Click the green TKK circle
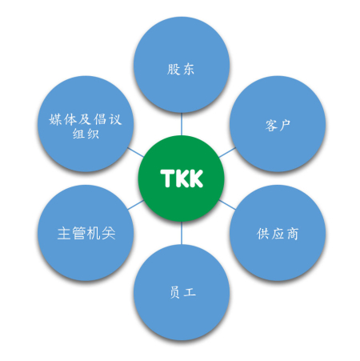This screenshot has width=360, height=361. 182,178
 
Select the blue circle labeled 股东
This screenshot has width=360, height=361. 182,65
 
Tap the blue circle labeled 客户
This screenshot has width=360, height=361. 278,124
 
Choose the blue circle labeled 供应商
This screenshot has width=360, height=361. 278,233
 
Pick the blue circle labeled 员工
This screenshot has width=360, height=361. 182,292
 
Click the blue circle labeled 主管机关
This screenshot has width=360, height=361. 86,233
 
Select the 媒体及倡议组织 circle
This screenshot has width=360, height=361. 86,124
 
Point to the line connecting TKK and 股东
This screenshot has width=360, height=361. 182,124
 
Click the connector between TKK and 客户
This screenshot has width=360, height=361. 227,152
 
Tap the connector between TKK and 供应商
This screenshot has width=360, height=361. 227,204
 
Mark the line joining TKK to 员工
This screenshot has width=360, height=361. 182,233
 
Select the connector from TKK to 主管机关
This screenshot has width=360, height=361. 136,205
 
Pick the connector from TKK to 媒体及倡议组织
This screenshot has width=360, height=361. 136,152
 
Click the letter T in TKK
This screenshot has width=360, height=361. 166,178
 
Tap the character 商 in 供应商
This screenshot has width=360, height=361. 293,234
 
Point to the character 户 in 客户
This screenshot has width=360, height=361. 285,125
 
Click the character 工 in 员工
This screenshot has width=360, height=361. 190,291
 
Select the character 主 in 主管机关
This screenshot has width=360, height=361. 64,233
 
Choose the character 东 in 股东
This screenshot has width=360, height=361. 189,69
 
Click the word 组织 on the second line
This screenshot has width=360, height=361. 86,133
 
